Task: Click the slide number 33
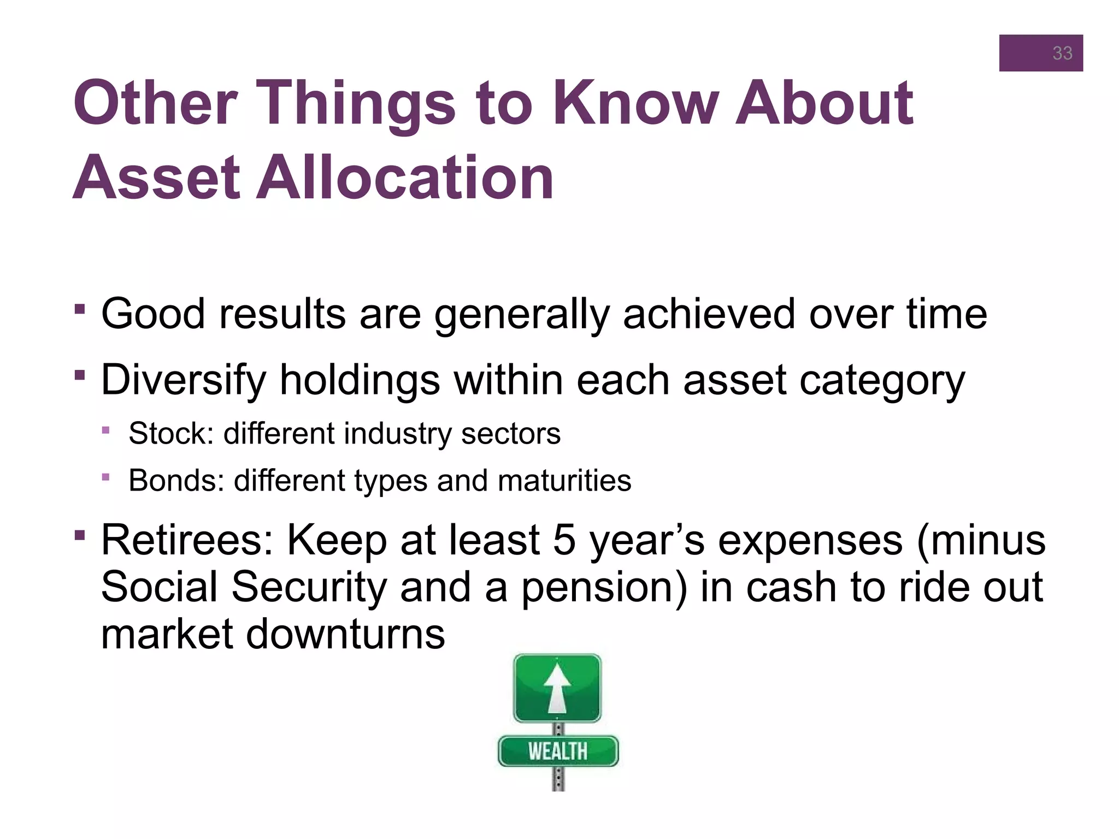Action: [x=1062, y=53]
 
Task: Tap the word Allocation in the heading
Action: [x=405, y=178]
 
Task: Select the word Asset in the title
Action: [x=156, y=178]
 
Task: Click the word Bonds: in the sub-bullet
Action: [x=176, y=481]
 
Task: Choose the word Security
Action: [x=309, y=587]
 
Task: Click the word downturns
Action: [x=345, y=634]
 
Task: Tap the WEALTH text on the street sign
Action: [x=557, y=752]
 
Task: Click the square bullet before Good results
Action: [x=80, y=310]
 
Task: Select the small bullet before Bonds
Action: [x=105, y=477]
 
